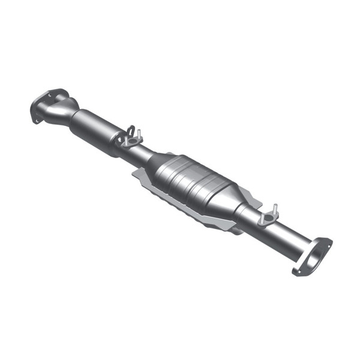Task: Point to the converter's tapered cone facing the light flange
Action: click(229, 203)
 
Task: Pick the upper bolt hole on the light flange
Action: click(326, 241)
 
